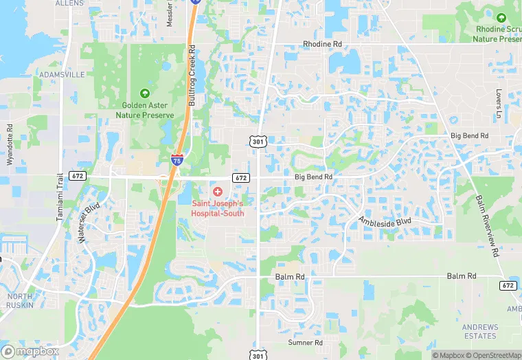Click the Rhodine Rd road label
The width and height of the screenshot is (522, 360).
[322, 44]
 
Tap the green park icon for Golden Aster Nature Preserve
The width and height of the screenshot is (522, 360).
[144, 93]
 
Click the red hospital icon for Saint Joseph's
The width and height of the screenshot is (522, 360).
[217, 191]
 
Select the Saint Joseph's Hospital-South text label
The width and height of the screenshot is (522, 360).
[217, 208]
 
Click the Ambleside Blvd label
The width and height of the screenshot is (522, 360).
[384, 222]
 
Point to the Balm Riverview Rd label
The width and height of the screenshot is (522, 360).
[487, 225]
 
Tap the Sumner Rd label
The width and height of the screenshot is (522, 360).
[306, 342]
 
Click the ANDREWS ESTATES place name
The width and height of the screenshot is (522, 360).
[479, 331]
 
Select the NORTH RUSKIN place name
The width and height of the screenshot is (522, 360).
[19, 301]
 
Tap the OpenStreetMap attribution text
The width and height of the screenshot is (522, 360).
[495, 355]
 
